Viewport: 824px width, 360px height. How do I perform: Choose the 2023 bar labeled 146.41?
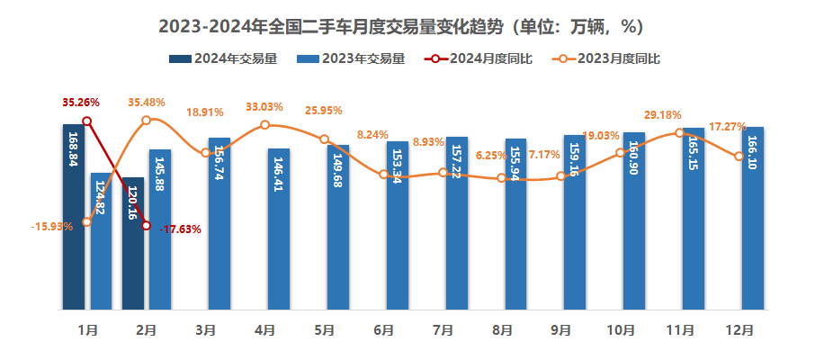click(x=278, y=229)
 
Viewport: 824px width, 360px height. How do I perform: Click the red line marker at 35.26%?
click(x=86, y=121)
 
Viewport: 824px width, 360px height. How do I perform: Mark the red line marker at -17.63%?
click(x=146, y=225)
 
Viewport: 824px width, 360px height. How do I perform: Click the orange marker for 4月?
click(x=264, y=125)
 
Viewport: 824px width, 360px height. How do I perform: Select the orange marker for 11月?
click(x=678, y=133)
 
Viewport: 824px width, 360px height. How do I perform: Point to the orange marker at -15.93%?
click(x=86, y=221)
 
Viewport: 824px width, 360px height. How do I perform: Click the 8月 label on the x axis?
click(x=502, y=331)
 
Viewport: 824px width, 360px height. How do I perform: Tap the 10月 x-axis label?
click(x=621, y=331)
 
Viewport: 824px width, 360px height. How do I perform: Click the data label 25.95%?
click(x=324, y=111)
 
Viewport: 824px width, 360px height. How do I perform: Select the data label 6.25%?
click(x=491, y=156)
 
